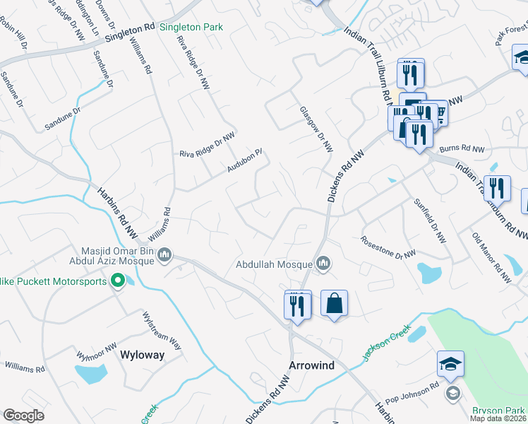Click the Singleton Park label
[191, 27]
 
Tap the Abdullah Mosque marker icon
[323, 264]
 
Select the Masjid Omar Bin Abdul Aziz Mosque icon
[164, 254]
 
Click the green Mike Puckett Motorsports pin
[119, 282]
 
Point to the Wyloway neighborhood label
[142, 355]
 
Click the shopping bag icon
[335, 304]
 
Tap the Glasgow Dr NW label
[316, 129]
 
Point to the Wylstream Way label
[162, 330]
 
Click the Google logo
[23, 415]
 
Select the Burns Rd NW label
[462, 150]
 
